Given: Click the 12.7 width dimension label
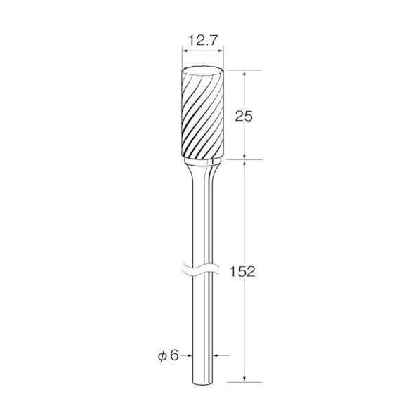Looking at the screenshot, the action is [202, 41].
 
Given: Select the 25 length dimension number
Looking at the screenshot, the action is [244, 117].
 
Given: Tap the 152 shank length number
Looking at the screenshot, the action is [243, 272].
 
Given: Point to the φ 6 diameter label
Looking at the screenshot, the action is [169, 355].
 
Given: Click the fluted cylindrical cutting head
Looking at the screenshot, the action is [202, 112].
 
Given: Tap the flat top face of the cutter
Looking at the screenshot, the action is [202, 71].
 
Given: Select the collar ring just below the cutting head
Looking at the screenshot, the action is [203, 162].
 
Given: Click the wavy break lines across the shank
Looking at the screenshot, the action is [203, 270].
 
